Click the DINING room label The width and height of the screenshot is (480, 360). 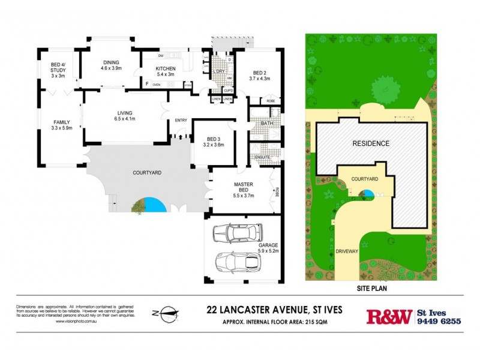[111, 62]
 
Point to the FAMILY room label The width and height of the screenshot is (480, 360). [61, 121]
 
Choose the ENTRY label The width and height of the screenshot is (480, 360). [181, 121]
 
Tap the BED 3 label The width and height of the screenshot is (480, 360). [214, 138]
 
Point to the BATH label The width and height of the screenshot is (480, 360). [267, 124]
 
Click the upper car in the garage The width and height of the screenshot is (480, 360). [238, 232]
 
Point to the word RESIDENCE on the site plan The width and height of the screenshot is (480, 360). [370, 143]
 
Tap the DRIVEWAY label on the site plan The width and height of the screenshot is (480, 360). [347, 252]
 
